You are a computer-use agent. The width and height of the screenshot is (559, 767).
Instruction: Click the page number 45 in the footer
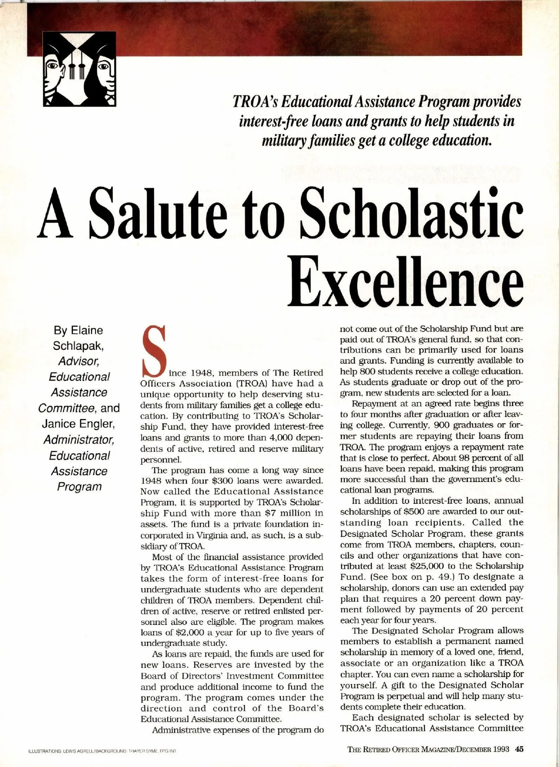[x=519, y=750]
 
